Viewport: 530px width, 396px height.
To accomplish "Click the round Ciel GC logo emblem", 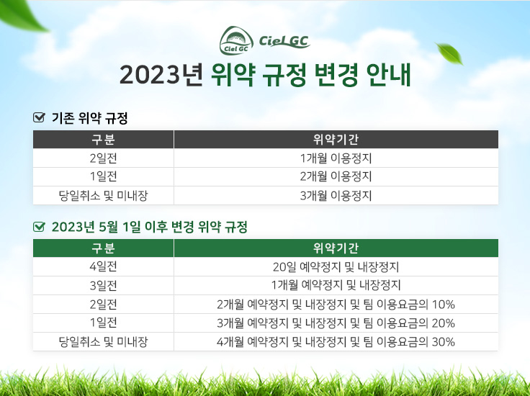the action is pos(236,40).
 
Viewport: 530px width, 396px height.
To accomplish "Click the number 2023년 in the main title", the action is pos(161,75).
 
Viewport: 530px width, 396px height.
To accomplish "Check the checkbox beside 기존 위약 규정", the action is pos(39,117).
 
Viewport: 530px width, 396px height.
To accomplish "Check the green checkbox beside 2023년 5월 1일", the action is pos(39,226).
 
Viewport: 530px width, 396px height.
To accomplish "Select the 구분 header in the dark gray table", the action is pos(103,139).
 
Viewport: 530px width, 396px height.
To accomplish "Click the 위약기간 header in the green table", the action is pos(336,248).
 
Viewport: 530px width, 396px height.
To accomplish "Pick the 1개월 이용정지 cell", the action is pos(336,158).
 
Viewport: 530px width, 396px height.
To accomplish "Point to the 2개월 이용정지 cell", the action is pos(336,176).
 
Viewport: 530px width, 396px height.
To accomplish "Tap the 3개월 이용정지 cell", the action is pos(336,195).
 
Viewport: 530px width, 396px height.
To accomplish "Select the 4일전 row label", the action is pos(103,267).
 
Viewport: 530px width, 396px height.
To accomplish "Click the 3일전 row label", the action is pos(103,286).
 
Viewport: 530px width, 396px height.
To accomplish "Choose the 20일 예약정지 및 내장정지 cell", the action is pos(336,267).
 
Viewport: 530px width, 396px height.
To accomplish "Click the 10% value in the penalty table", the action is pos(443,305).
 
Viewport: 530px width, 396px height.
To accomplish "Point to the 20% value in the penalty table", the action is pos(443,323).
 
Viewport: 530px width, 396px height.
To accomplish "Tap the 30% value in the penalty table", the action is pos(443,342).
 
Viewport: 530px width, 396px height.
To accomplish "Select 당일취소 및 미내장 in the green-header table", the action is pos(103,341).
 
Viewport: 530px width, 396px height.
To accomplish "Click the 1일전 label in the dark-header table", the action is pos(103,176).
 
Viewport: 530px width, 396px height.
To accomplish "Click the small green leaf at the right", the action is pos(449,53).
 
